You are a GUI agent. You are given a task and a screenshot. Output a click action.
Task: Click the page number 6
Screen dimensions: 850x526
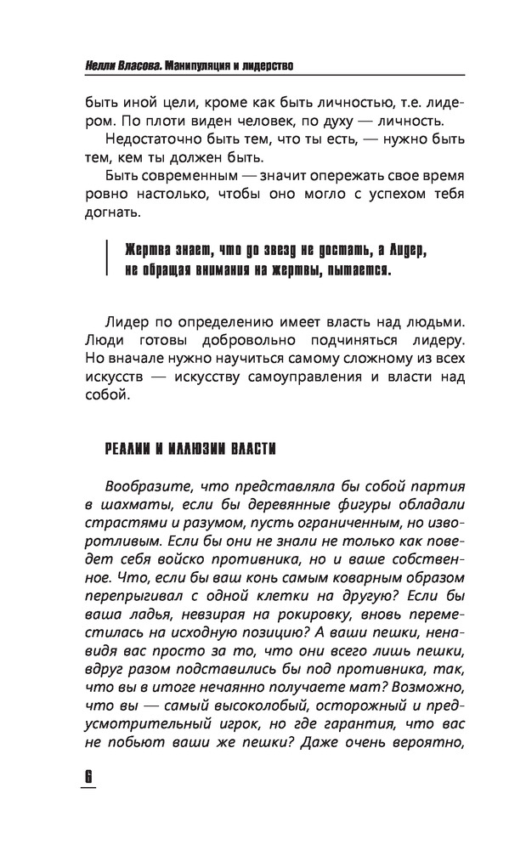[x=87, y=779]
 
